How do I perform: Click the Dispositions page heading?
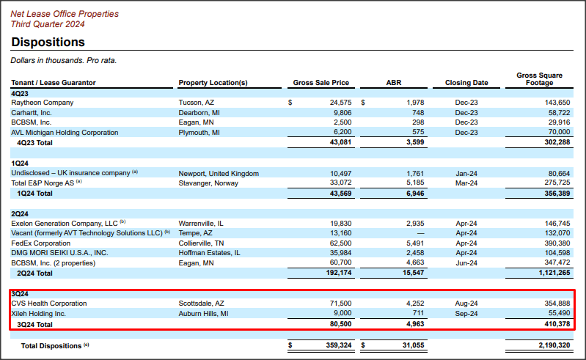click(x=48, y=43)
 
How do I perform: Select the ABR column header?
click(x=394, y=83)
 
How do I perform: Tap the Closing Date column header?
click(x=466, y=83)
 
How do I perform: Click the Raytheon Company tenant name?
click(x=42, y=103)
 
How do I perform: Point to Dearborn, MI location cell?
click(x=199, y=113)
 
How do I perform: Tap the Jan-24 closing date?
click(x=466, y=173)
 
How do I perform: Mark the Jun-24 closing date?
click(x=466, y=262)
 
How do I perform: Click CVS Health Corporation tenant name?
click(x=48, y=303)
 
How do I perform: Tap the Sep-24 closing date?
click(x=466, y=313)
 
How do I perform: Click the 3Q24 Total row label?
click(x=34, y=323)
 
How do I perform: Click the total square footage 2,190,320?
click(x=550, y=345)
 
